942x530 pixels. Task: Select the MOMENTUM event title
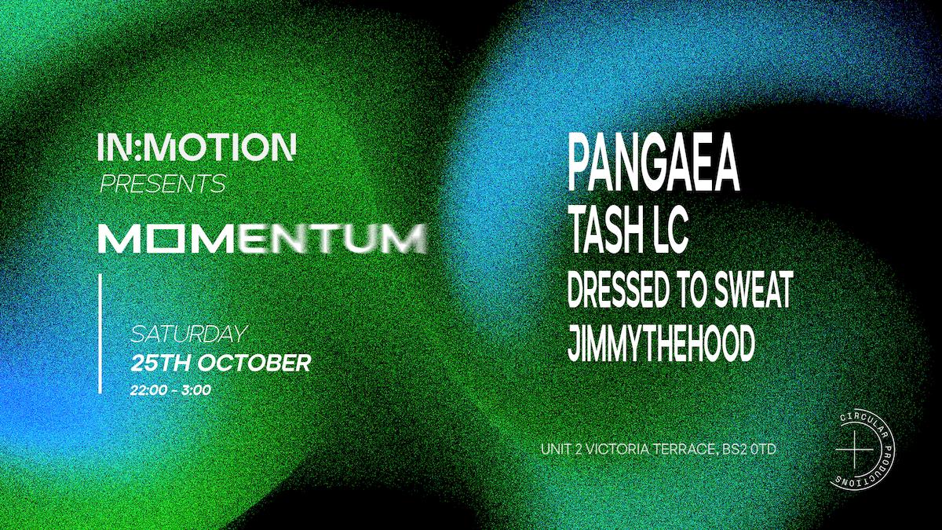pyautogui.click(x=263, y=239)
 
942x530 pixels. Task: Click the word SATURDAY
pyautogui.click(x=188, y=334)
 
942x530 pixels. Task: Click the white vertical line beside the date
pyautogui.click(x=100, y=333)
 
